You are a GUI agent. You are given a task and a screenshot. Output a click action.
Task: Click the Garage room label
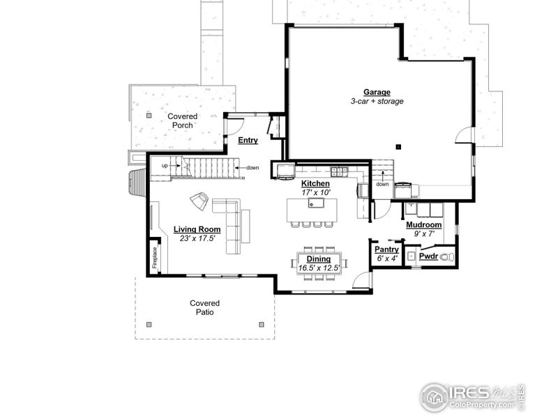(377, 92)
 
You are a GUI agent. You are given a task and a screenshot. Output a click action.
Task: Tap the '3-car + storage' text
(377, 102)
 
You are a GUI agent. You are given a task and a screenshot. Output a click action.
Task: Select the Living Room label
(197, 229)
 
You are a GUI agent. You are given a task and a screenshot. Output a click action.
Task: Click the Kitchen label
(315, 183)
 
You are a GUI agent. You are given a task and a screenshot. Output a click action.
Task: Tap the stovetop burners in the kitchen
(339, 170)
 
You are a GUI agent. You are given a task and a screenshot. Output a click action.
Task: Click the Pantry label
(386, 249)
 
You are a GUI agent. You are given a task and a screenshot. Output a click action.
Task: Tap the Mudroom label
(423, 225)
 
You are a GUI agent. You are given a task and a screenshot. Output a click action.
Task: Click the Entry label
(248, 140)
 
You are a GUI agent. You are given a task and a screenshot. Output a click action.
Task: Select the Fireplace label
(156, 257)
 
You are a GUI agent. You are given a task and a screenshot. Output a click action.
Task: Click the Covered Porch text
(182, 121)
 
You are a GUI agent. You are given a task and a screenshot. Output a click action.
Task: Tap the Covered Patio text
(204, 308)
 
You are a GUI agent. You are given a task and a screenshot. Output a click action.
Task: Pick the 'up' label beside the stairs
(165, 166)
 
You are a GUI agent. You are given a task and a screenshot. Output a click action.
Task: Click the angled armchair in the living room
(199, 201)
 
